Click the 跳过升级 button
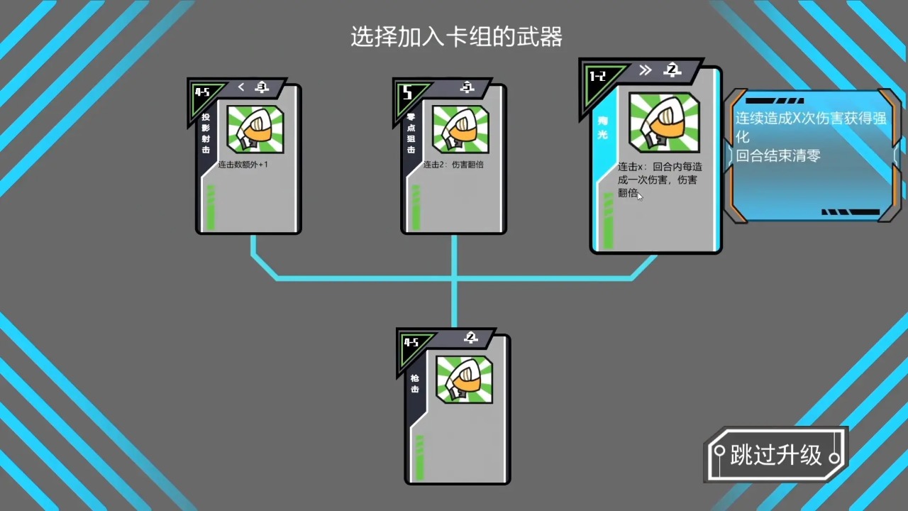tap(776, 455)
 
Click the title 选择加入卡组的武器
tap(456, 37)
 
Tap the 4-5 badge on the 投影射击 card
tap(202, 92)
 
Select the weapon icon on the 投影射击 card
tap(255, 129)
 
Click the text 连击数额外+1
tap(243, 165)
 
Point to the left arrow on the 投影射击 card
tap(241, 87)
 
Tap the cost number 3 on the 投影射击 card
tap(262, 87)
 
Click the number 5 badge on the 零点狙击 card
tap(407, 93)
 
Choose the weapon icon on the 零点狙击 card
tap(460, 129)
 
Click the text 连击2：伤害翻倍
tap(453, 165)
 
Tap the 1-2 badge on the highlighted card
tap(598, 76)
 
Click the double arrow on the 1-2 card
tap(645, 70)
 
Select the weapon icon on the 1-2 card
tap(664, 122)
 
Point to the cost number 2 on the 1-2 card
tap(672, 70)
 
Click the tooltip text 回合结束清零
tap(777, 155)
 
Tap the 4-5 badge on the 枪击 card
tap(411, 342)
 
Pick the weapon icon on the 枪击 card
tap(464, 379)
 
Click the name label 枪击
tap(414, 383)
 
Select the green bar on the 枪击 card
tap(419, 458)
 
